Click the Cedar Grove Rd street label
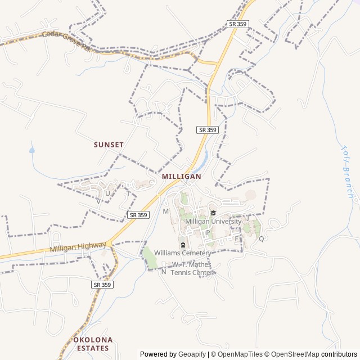[66, 41]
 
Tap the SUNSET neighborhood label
[109, 145]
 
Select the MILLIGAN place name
[181, 176]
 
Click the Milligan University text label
[213, 222]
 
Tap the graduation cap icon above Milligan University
[213, 213]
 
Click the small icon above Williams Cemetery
[183, 245]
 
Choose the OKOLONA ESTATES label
[93, 344]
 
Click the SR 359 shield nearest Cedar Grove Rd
[237, 24]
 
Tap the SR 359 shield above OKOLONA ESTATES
[102, 285]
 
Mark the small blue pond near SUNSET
[32, 150]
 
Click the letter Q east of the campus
[261, 238]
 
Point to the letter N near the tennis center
[164, 272]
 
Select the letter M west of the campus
[166, 211]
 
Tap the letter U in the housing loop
[107, 193]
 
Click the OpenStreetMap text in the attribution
[292, 354]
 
